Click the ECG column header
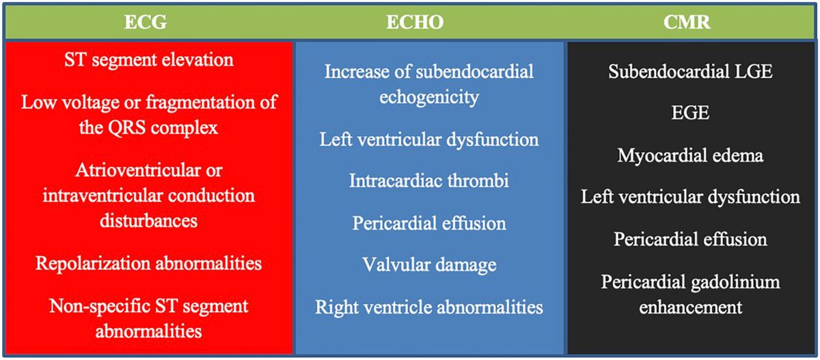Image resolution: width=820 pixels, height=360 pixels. pyautogui.click(x=146, y=22)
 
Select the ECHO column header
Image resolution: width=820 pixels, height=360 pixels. pyautogui.click(x=415, y=22)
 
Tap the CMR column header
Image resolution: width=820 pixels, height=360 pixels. pyautogui.click(x=687, y=22)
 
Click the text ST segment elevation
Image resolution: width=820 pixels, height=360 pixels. pyautogui.click(x=149, y=59)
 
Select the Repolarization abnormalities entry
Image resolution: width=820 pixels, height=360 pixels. pyautogui.click(x=149, y=264)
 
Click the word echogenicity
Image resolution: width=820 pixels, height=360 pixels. pyautogui.click(x=429, y=97)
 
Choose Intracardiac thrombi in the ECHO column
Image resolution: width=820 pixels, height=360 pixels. pyautogui.click(x=429, y=180)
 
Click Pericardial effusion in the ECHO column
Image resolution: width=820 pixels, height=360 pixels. pyautogui.click(x=429, y=223)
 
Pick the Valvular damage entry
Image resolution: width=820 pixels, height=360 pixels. pyautogui.click(x=429, y=265)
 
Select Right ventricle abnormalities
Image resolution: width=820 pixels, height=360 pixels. pyautogui.click(x=429, y=307)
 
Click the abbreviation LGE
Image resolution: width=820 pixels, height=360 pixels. pyautogui.click(x=751, y=71)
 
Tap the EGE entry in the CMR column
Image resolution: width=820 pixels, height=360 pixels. pyautogui.click(x=690, y=112)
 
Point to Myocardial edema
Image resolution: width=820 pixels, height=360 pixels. pyautogui.click(x=690, y=156)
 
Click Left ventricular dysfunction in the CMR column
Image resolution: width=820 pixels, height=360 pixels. pyautogui.click(x=690, y=197)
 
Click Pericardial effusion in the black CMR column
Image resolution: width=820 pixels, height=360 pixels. pyautogui.click(x=690, y=239)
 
